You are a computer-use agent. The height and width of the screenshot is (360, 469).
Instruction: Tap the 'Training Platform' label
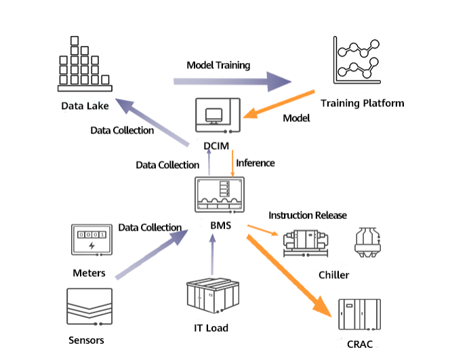click(362, 104)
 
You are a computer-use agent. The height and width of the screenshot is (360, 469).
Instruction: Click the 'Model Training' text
click(218, 66)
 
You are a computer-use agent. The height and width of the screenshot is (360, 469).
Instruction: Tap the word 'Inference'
click(256, 163)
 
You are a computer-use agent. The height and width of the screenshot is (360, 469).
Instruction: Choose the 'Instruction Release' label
click(308, 216)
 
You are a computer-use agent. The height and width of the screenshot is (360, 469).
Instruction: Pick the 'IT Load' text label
click(210, 328)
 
